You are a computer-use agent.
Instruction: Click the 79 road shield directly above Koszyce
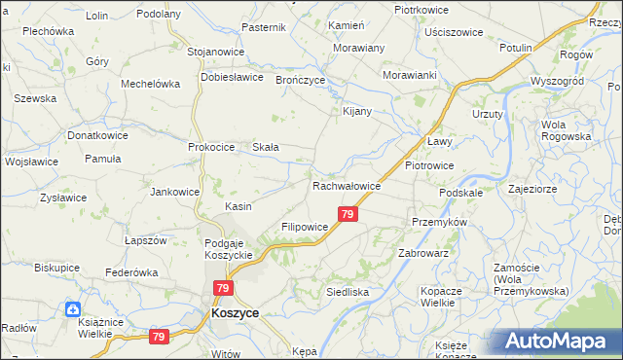pyautogui.click(x=224, y=289)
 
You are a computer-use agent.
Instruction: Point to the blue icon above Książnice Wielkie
pyautogui.click(x=72, y=309)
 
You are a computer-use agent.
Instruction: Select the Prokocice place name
pyautogui.click(x=212, y=147)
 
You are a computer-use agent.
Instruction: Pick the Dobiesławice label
pyautogui.click(x=233, y=77)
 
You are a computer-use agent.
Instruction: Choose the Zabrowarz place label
pyautogui.click(x=422, y=253)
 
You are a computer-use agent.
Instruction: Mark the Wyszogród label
pyautogui.click(x=557, y=81)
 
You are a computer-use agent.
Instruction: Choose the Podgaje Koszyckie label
pyautogui.click(x=229, y=248)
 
